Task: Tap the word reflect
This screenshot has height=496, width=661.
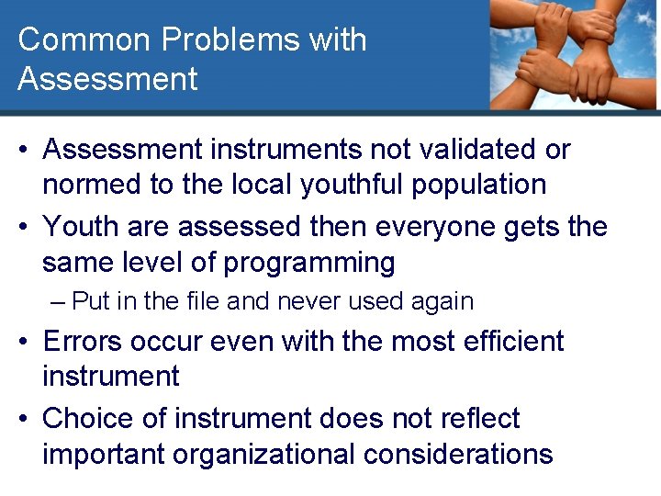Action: [x=476, y=419]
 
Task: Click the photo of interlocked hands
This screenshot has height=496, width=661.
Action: [x=574, y=55]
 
